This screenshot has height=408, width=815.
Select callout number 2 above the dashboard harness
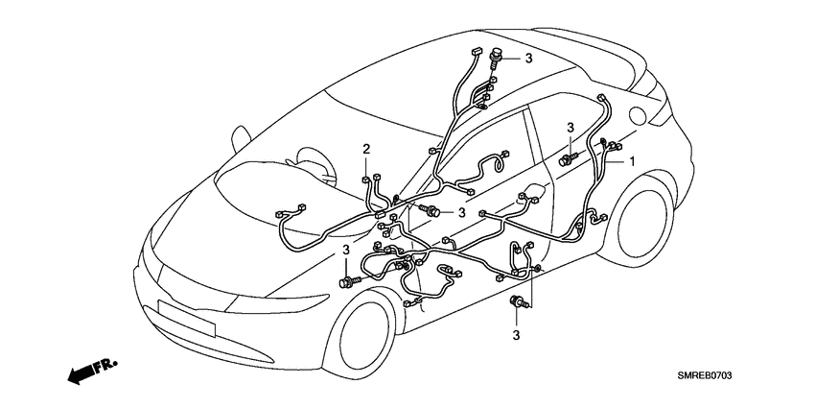coord(366,148)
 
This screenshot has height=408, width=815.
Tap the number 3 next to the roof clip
coord(527,59)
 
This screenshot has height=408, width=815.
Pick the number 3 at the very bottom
coord(516,335)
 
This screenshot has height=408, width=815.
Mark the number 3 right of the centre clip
coord(461,212)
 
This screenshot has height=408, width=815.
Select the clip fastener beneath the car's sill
coord(516,304)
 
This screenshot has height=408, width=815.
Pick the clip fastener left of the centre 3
coord(436,210)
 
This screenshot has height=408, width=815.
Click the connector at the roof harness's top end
coord(476,47)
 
